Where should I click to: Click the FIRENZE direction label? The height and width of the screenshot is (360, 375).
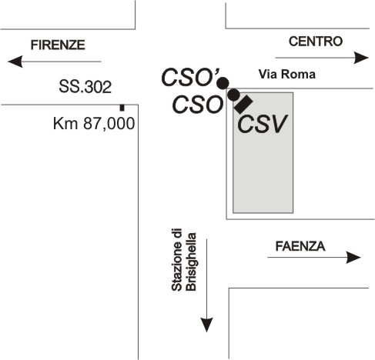point(58,45)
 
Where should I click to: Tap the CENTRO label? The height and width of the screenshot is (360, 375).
point(316,42)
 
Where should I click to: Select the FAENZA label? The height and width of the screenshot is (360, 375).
point(300,246)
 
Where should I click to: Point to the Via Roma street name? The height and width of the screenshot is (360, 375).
point(287,74)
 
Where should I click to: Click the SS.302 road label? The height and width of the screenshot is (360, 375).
point(85,87)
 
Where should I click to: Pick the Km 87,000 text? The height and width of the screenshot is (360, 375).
point(94,123)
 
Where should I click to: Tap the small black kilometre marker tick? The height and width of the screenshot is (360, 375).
point(122,108)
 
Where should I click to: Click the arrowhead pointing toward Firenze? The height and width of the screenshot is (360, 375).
point(15,62)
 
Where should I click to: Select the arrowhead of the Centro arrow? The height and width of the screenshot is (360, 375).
point(361,58)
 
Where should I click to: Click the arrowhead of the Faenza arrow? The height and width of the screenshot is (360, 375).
point(353,258)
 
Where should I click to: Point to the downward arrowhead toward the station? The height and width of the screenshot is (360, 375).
point(207,325)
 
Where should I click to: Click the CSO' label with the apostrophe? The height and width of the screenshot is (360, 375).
point(190,77)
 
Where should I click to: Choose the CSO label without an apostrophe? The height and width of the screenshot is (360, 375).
point(197,105)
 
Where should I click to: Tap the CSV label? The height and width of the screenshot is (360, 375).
point(262,124)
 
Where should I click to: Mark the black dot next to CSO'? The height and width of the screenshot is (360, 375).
point(223,83)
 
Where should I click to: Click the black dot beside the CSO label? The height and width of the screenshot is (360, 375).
point(233,95)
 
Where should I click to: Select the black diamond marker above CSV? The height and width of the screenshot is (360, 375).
point(243,105)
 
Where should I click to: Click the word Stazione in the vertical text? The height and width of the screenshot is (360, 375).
point(177,260)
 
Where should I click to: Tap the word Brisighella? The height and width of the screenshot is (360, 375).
point(191,262)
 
